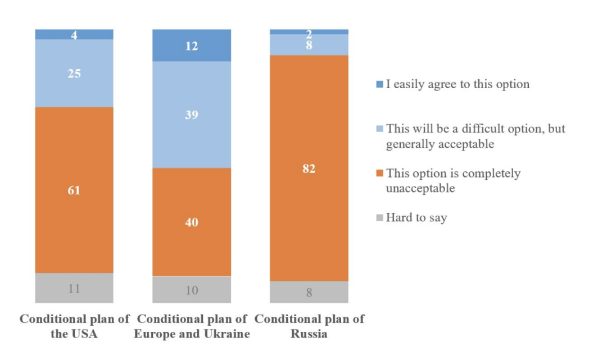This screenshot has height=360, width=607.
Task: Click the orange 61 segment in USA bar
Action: tap(74, 190)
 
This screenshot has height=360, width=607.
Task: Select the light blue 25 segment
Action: tap(74, 73)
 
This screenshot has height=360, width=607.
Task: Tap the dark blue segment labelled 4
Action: tap(74, 34)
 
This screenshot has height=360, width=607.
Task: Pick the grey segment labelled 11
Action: tap(74, 288)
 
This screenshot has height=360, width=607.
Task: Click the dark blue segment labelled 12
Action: tap(192, 45)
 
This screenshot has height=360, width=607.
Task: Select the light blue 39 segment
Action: tap(192, 115)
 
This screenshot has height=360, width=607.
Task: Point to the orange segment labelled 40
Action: tap(192, 222)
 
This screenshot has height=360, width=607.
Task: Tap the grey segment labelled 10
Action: tap(192, 290)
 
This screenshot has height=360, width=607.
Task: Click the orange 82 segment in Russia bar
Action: tap(309, 168)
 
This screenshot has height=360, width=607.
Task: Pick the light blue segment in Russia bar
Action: tap(309, 45)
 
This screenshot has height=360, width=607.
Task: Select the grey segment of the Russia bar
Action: tap(309, 292)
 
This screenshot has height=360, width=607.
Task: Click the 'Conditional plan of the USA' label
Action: tap(74, 326)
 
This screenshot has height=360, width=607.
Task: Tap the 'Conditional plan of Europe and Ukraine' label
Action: tap(192, 326)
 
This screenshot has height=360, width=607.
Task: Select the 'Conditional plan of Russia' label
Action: tap(309, 326)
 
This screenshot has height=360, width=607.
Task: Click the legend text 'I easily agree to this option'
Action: tap(457, 84)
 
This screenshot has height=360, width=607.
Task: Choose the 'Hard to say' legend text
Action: tap(416, 217)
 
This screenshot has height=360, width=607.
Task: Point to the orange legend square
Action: tap(379, 174)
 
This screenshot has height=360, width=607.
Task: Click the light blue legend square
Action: tap(379, 129)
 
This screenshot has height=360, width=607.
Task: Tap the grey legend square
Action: tap(379, 217)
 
